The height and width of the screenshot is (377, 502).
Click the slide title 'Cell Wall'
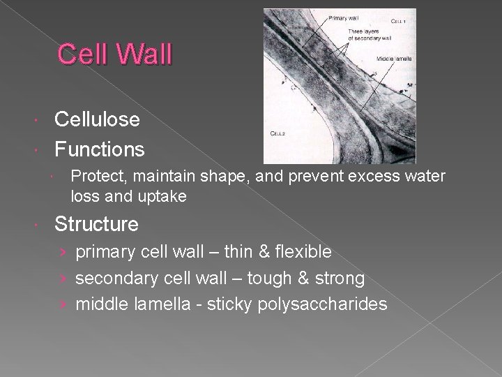(114, 54)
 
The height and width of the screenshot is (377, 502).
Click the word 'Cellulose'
(97, 119)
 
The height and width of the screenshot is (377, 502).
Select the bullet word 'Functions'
(100, 149)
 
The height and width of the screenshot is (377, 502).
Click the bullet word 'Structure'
(96, 224)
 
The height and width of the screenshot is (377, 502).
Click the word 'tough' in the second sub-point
(266, 279)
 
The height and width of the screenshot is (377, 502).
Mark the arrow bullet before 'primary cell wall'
(63, 251)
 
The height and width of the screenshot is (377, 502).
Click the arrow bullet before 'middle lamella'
(63, 304)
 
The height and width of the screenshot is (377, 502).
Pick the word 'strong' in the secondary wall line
(340, 279)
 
